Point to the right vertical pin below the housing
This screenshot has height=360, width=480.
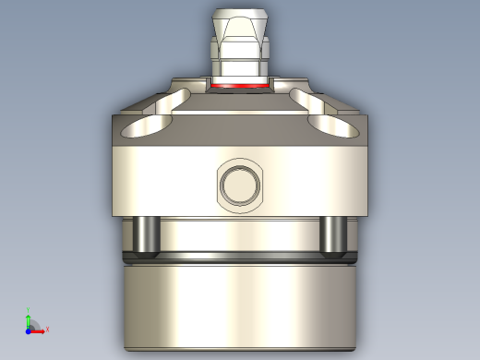pos(333,234)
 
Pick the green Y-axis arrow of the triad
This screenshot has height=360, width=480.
pos(29,320)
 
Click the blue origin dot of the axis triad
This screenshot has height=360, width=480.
pos(29,330)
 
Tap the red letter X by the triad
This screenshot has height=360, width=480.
pos(46,329)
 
